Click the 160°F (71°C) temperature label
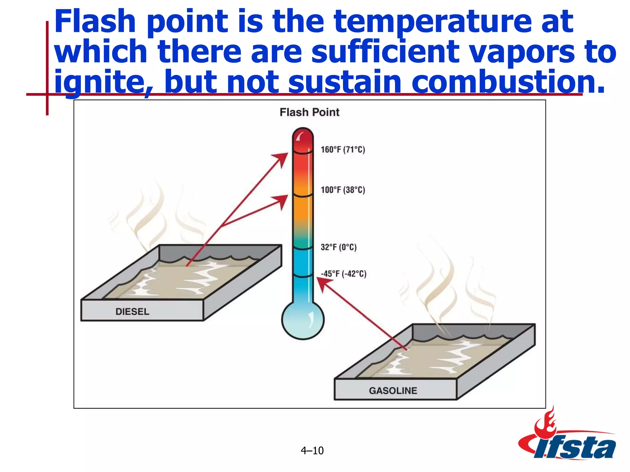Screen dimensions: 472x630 click(x=343, y=150)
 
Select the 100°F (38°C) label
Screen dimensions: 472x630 click(x=343, y=190)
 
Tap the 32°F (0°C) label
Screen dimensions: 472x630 click(x=338, y=247)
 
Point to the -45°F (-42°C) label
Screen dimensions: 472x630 click(x=343, y=274)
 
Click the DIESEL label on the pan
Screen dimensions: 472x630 click(x=132, y=312)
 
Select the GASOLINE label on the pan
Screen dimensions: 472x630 click(x=393, y=391)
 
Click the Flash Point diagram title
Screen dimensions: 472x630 click(x=309, y=112)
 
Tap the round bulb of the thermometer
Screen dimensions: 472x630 click(x=303, y=320)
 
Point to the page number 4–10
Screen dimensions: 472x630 click(x=312, y=450)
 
